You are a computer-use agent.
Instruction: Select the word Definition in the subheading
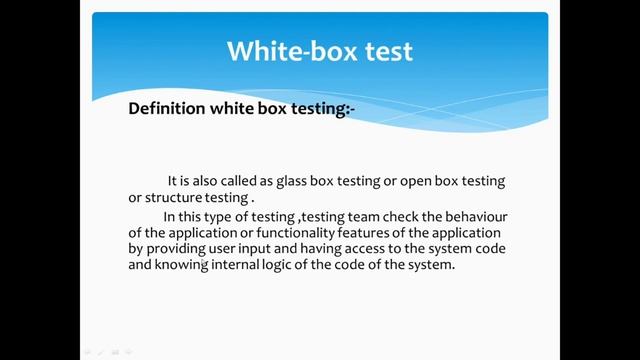(x=166, y=109)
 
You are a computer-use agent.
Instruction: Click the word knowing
(x=183, y=266)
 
